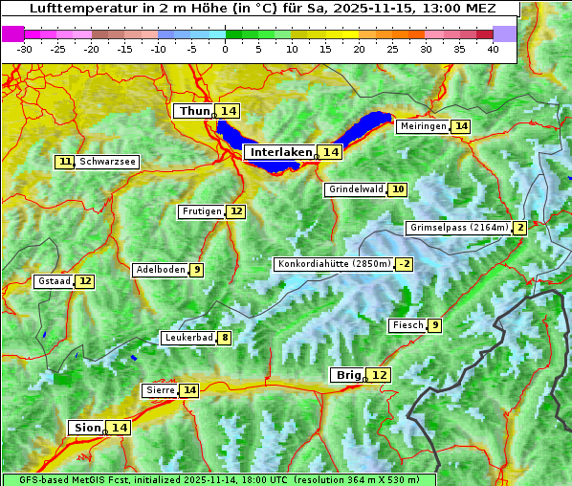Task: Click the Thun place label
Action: click(x=194, y=112)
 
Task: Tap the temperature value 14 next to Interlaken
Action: click(x=330, y=152)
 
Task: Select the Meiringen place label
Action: click(x=422, y=126)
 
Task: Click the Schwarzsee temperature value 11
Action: click(x=65, y=162)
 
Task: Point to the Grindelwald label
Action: click(x=356, y=189)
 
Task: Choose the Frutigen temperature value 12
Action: click(x=236, y=211)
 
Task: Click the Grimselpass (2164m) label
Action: click(x=458, y=228)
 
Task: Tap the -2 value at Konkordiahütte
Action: click(x=405, y=264)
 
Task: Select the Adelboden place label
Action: click(x=160, y=270)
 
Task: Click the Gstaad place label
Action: click(x=54, y=281)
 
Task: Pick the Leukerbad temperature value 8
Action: click(x=225, y=338)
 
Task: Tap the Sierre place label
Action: click(x=159, y=390)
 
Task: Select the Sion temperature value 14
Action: click(x=119, y=428)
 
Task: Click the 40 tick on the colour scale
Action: click(x=493, y=48)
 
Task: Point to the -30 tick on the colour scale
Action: click(x=25, y=48)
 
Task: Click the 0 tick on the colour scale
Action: click(x=225, y=48)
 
